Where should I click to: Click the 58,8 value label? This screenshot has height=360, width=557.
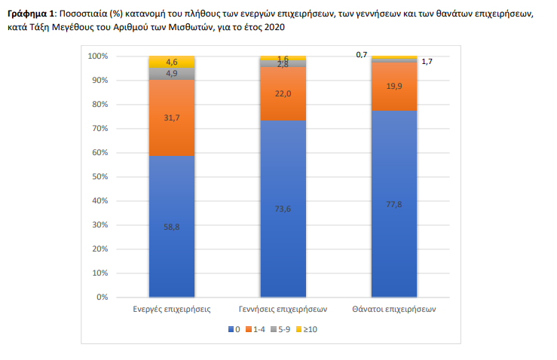point(172,227)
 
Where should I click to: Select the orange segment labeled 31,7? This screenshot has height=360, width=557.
point(172,117)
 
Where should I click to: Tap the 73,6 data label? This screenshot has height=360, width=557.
point(283,209)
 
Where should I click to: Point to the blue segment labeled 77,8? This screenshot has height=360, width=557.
point(393,203)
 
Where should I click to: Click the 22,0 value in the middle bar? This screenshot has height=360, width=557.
point(283,93)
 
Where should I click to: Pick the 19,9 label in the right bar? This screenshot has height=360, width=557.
point(393,87)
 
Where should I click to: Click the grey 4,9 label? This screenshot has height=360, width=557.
point(172,73)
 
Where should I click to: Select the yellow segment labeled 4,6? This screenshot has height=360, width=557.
point(172,61)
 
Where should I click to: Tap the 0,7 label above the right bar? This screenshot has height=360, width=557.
point(361,54)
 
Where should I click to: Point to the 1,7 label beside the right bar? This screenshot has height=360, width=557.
point(427,61)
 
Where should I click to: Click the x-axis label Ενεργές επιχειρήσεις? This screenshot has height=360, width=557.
point(172,310)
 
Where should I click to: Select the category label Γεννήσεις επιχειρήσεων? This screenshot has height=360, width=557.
point(283,310)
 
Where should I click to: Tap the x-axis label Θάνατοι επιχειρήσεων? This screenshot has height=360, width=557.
point(393,310)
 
